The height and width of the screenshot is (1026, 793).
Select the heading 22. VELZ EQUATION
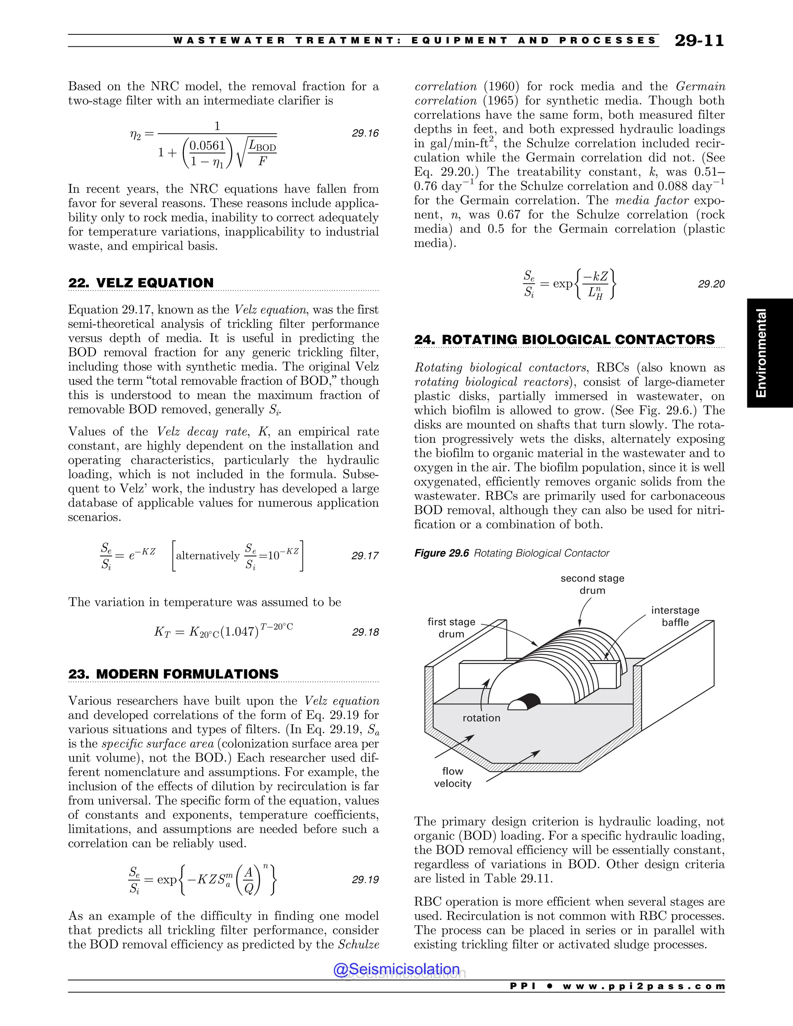(141, 283)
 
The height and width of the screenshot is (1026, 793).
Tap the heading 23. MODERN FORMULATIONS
(173, 674)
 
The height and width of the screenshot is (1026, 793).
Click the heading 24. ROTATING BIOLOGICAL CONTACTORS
(564, 340)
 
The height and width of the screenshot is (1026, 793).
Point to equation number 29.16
(365, 134)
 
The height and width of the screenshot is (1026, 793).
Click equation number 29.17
(365, 556)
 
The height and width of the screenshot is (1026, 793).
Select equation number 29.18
(365, 632)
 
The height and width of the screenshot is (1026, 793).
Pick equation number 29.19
(365, 879)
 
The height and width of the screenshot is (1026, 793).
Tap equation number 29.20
(711, 284)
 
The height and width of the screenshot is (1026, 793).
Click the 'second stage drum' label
(592, 584)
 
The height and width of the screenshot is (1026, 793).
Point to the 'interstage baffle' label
(675, 616)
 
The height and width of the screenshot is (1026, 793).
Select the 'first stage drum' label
(451, 628)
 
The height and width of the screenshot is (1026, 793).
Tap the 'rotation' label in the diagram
(482, 718)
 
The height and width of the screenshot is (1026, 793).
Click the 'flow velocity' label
(452, 777)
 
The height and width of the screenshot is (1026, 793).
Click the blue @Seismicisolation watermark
(396, 969)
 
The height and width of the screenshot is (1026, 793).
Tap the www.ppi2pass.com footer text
(644, 987)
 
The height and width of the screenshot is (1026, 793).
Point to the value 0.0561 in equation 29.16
(208, 146)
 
